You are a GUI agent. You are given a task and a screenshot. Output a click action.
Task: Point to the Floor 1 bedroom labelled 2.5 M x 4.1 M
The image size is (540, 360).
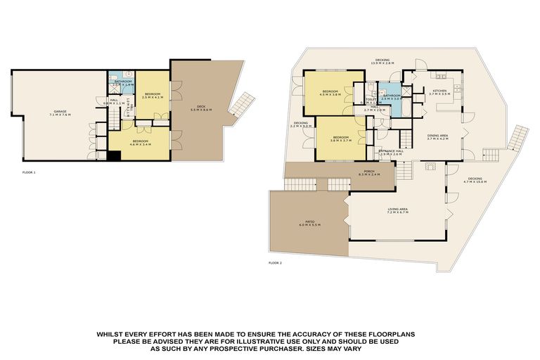[x=153, y=96]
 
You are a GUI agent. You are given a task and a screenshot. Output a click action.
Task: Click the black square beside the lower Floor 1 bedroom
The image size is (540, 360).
[x=114, y=156]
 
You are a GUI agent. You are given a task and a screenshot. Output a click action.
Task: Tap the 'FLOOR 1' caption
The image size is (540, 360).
[x=29, y=171]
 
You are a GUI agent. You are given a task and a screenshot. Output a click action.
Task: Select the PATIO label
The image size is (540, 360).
[x=309, y=224]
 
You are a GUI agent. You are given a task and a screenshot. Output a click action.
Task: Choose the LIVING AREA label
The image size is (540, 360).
[x=398, y=209]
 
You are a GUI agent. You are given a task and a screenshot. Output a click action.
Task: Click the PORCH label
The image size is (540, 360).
[x=368, y=172]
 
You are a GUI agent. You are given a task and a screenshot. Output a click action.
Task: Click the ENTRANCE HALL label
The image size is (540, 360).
[x=391, y=152]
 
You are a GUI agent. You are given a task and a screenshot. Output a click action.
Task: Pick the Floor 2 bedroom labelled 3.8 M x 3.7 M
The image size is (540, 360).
[x=340, y=139]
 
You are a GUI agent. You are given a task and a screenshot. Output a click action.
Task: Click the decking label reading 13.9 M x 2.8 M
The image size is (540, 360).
[x=382, y=62]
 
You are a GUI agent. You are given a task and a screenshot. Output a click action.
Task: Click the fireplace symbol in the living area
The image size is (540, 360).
[x=432, y=167]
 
